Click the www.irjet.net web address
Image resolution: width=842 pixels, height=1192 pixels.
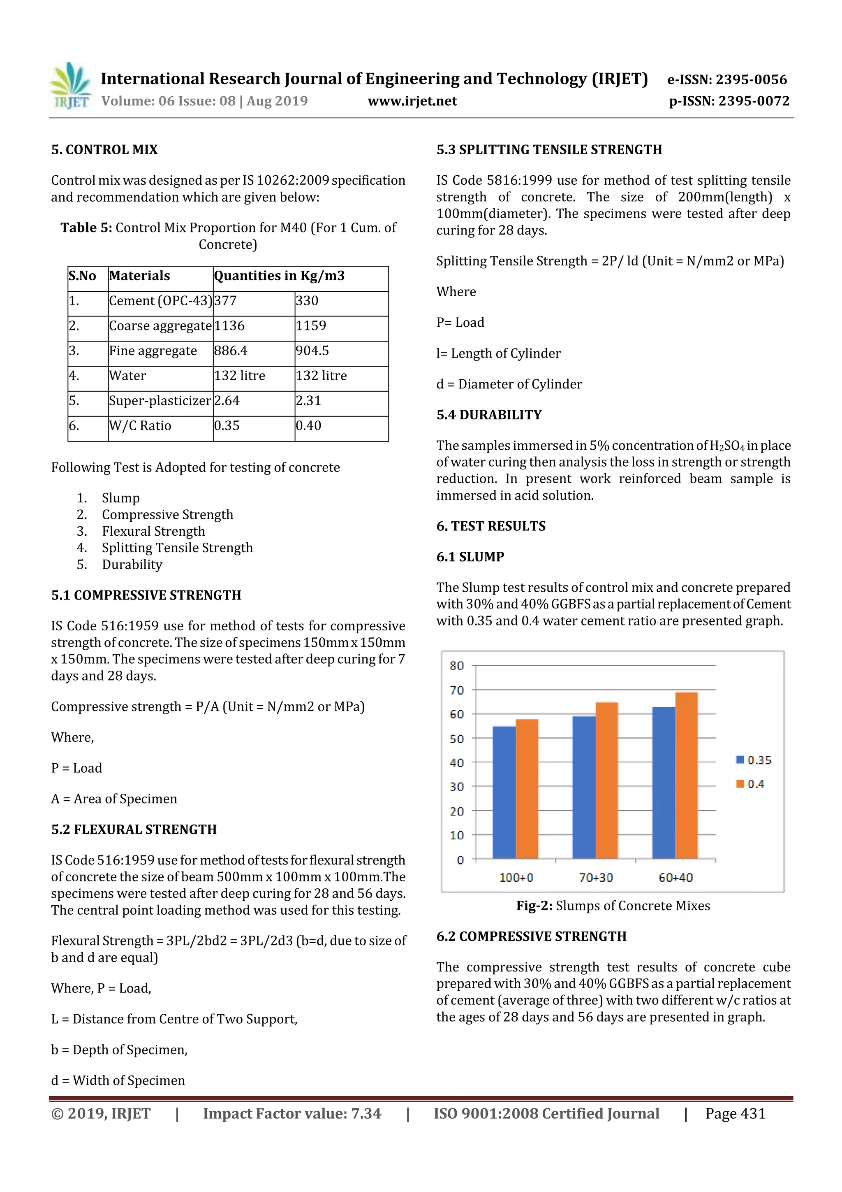tap(412, 101)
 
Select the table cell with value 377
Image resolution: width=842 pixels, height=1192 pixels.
tap(226, 301)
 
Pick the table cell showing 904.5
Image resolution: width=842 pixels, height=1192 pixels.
tap(312, 351)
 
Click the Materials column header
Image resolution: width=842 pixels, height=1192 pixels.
tap(139, 276)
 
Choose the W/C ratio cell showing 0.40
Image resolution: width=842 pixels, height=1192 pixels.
tap(309, 426)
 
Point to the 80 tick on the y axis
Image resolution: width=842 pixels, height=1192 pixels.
tap(456, 666)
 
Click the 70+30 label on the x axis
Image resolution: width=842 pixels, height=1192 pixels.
tap(596, 877)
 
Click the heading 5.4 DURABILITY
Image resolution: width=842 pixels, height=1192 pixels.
tap(489, 415)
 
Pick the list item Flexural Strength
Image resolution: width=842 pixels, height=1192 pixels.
tap(153, 531)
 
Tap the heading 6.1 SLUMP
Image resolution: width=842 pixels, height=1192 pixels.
tap(470, 557)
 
